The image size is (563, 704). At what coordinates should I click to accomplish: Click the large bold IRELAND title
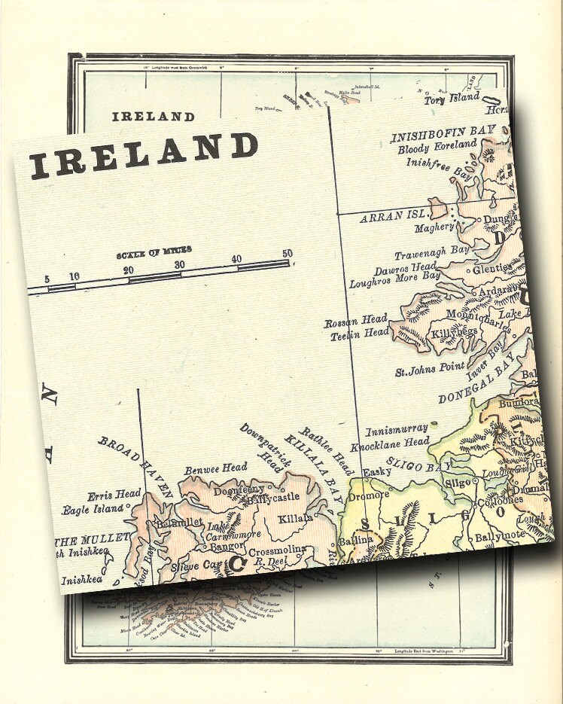point(144,155)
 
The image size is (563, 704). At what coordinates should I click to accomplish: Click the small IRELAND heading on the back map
point(153,117)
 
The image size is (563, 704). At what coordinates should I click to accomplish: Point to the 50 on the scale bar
point(287,254)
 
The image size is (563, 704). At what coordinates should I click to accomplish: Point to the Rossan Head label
point(356,322)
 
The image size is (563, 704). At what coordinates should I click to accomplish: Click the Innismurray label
point(397,431)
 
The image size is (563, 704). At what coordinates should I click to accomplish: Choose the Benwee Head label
point(216,468)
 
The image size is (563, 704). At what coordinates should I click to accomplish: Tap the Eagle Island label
point(93,509)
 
